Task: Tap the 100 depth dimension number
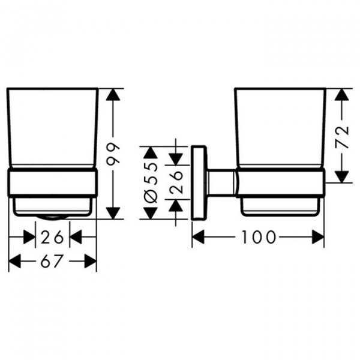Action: [260, 238]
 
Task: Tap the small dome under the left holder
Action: [53, 217]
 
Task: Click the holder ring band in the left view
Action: [52, 182]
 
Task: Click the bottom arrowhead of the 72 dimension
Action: [340, 176]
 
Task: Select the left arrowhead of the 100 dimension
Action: [199, 238]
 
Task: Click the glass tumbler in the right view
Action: [280, 128]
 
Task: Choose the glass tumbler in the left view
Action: [52, 128]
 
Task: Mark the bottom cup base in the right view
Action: [280, 206]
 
